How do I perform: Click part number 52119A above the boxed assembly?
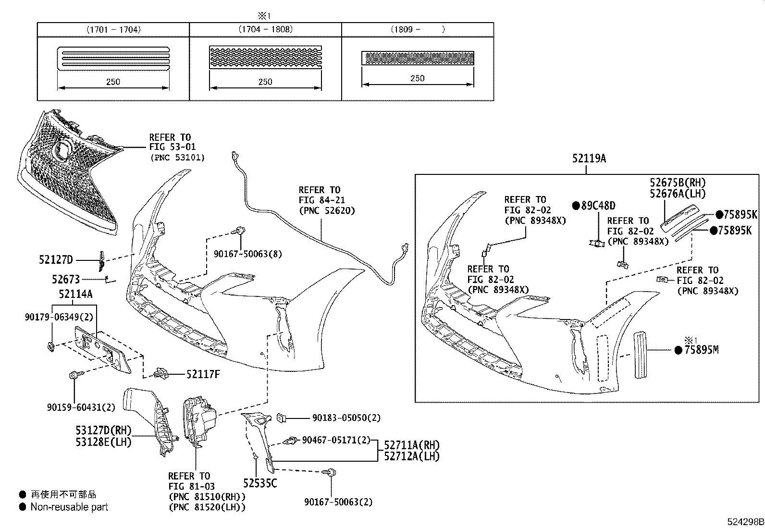tap(589, 158)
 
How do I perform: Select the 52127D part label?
tap(56, 260)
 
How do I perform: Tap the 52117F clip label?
tap(203, 374)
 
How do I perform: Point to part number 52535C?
tap(259, 483)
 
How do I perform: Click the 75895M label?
tap(701, 350)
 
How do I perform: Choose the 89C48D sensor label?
tap(597, 206)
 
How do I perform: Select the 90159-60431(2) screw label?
tap(81, 407)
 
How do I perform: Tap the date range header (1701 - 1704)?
tap(113, 29)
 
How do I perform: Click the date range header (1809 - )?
tap(417, 29)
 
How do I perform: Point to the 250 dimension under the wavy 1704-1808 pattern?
tap(265, 82)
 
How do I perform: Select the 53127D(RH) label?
tap(103, 430)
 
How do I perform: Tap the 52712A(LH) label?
tap(412, 456)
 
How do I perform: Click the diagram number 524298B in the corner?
tap(744, 522)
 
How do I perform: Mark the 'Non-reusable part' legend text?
tap(69, 507)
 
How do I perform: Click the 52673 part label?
tap(66, 279)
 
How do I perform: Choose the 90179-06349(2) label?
tap(59, 317)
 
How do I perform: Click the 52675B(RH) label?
tap(678, 183)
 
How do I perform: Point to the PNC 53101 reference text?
tap(177, 157)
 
